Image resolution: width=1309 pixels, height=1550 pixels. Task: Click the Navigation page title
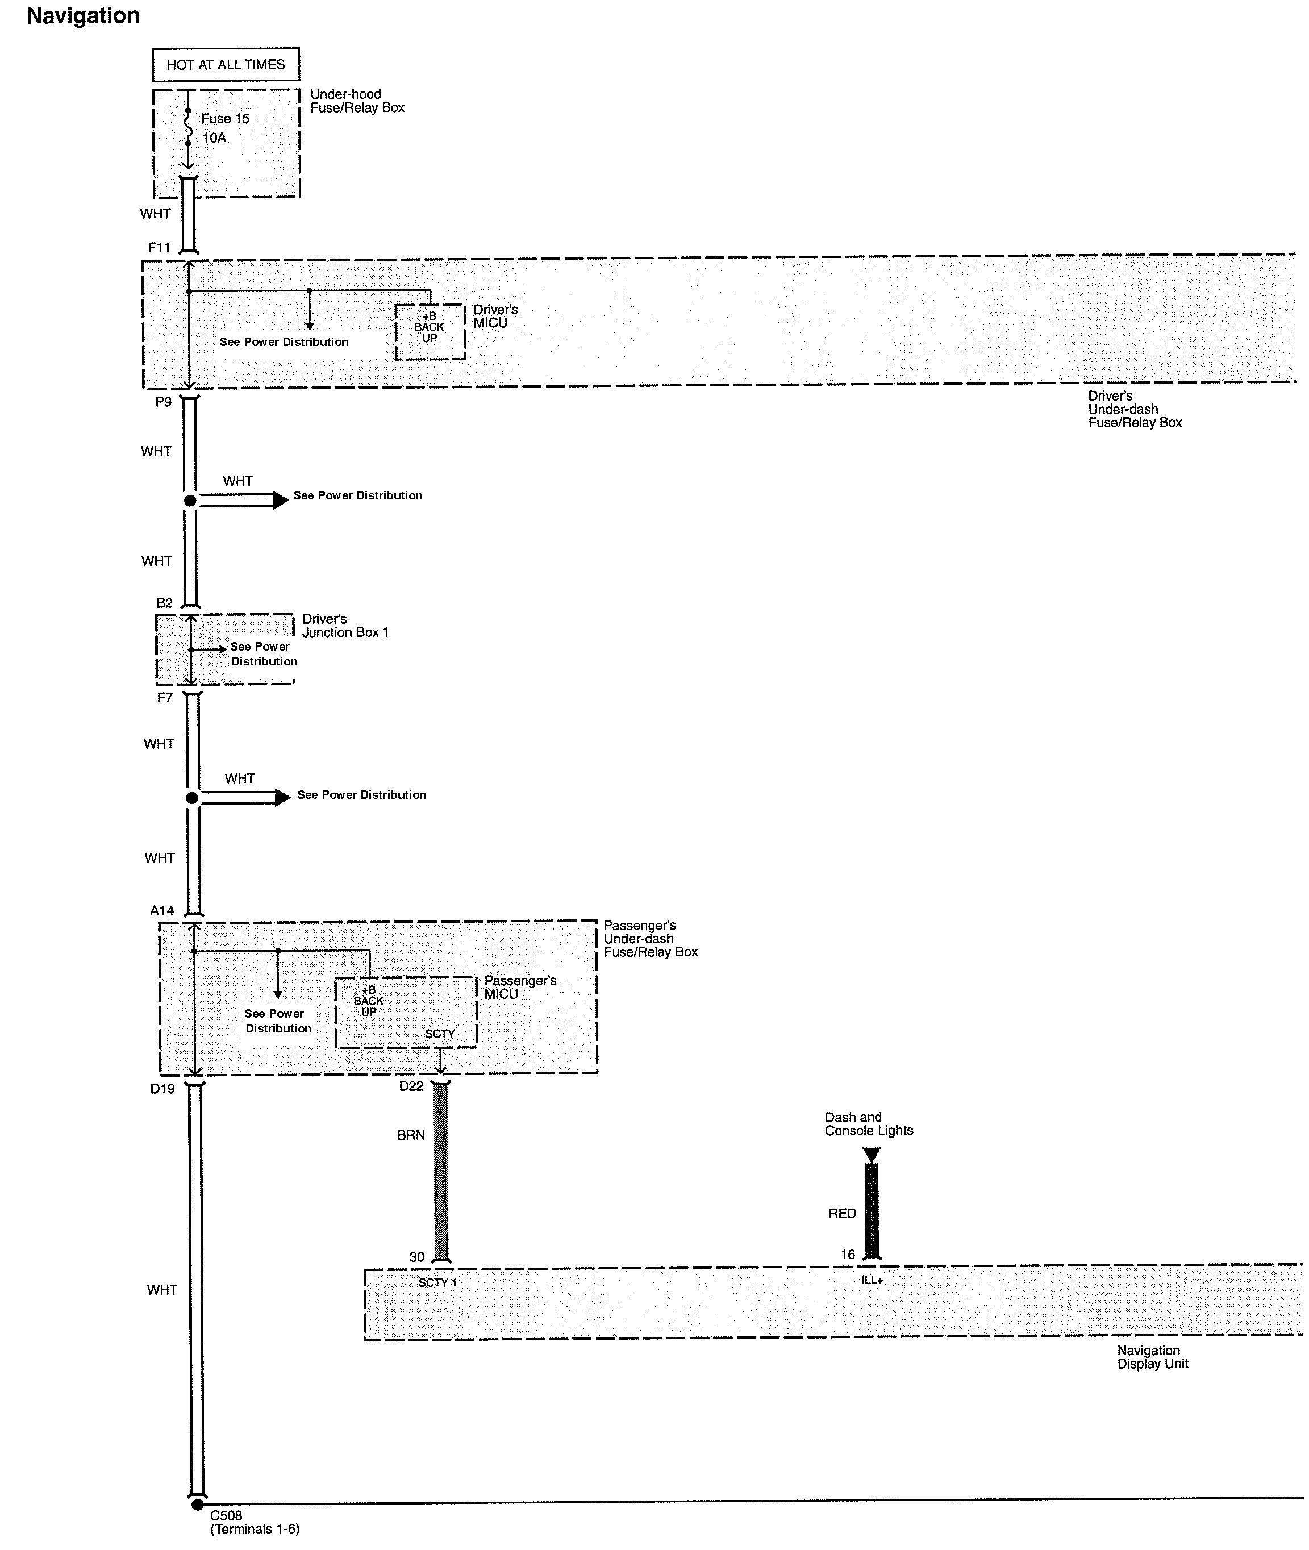[x=83, y=15]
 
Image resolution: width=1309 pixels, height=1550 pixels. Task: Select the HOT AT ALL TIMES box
[x=226, y=65]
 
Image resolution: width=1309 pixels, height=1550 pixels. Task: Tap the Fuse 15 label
[x=226, y=119]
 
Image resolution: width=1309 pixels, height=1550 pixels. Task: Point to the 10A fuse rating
[x=214, y=138]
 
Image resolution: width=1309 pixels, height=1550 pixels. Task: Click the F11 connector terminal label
[x=160, y=248]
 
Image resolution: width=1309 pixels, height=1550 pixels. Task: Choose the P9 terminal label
[x=163, y=402]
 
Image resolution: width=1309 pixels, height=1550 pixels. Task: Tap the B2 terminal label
[x=164, y=603]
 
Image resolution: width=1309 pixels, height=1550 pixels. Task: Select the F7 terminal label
[x=165, y=698]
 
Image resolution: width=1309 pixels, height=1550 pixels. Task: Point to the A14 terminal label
[x=162, y=910]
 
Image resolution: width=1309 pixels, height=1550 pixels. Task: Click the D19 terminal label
[x=162, y=1089]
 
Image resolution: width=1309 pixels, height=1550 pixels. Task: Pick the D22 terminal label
[x=411, y=1086]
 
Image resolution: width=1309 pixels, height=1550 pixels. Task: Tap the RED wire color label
[x=842, y=1213]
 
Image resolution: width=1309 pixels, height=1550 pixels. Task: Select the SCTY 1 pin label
[x=438, y=1282]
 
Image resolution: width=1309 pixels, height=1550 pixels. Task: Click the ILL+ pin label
[x=873, y=1280]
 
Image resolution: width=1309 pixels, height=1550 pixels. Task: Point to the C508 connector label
[x=226, y=1515]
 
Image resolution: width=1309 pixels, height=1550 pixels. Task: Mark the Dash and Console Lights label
[x=869, y=1123]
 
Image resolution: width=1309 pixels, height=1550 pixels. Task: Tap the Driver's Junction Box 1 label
[x=345, y=626]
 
